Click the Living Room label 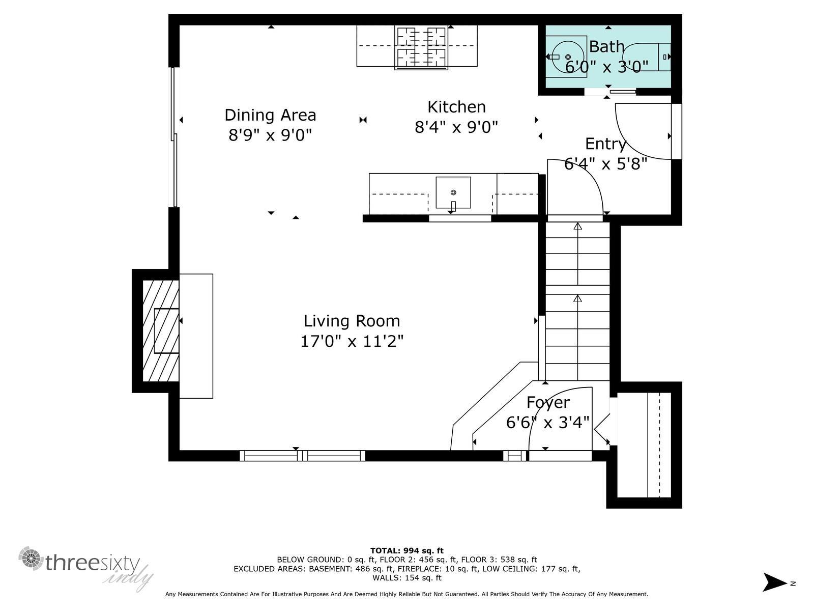pos(352,321)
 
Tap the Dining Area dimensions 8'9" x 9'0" pos(270,135)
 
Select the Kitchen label pos(456,107)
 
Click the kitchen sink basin pos(453,192)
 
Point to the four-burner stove pos(421,47)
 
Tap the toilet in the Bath pos(645,57)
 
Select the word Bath pos(606,47)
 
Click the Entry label pos(605,144)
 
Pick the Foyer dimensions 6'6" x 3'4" pos(547,423)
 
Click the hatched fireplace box pos(161,331)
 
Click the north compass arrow pos(774,582)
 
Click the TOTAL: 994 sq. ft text pos(406,550)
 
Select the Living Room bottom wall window pos(302,456)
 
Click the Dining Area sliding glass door pos(174,137)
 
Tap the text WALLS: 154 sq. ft pos(406,578)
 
